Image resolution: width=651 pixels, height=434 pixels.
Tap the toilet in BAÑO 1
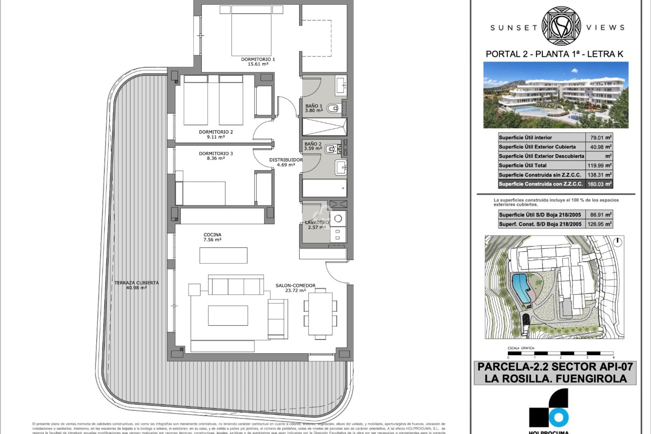(333, 108)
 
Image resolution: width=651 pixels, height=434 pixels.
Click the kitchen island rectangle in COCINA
(223, 255)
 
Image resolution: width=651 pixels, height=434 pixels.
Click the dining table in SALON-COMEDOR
(320, 314)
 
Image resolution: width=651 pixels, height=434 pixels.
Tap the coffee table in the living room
(228, 315)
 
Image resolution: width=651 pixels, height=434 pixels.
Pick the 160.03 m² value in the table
(599, 184)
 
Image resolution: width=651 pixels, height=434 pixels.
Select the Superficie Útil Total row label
(522, 165)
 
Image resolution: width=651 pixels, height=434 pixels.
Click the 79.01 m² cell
(599, 138)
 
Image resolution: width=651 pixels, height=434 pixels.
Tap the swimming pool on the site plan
(521, 288)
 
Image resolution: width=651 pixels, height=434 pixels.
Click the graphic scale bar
(560, 353)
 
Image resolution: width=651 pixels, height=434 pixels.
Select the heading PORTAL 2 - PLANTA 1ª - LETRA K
(554, 54)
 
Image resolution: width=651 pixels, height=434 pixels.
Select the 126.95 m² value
(599, 224)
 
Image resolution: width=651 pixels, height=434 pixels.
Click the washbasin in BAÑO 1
(340, 85)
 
